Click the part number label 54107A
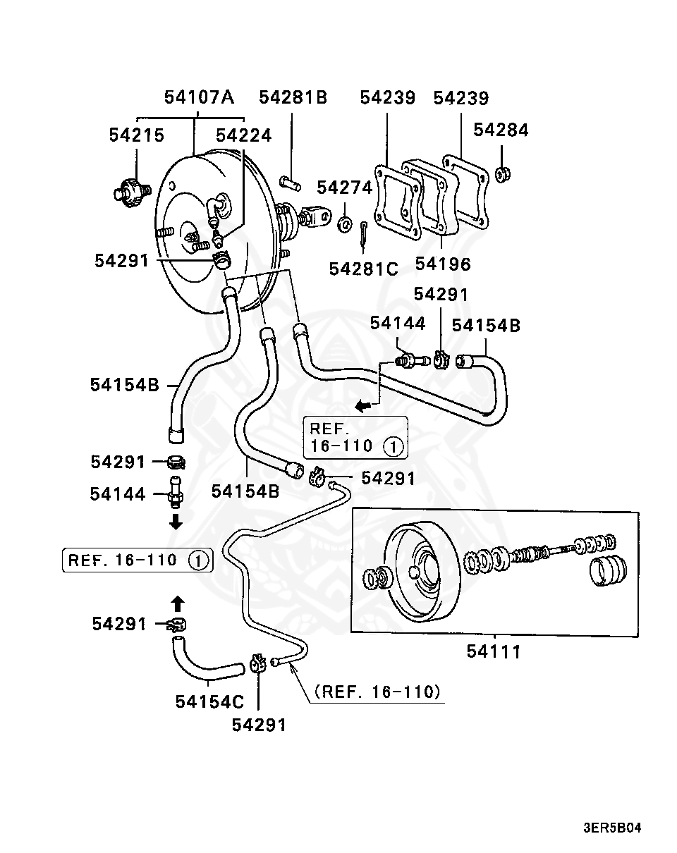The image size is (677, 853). click(x=199, y=97)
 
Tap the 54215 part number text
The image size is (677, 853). click(x=136, y=135)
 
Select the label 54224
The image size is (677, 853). click(x=243, y=135)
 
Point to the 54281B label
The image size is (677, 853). click(x=293, y=97)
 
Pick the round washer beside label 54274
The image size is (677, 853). click(x=345, y=224)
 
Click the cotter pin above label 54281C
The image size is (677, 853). click(x=362, y=234)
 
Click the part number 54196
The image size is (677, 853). click(x=442, y=264)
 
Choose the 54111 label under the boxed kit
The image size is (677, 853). click(x=494, y=651)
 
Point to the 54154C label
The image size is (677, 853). click(x=209, y=701)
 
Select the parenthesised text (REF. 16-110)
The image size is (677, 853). click(x=379, y=692)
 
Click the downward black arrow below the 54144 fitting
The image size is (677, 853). click(x=176, y=522)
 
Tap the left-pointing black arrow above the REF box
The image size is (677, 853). click(x=362, y=405)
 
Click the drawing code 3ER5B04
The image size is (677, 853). click(x=612, y=828)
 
